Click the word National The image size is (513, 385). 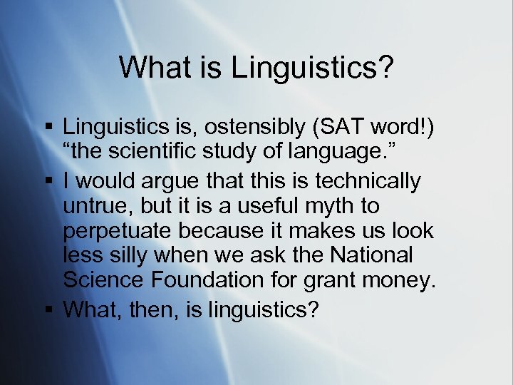(x=378, y=255)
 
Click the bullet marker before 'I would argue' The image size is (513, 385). (x=48, y=182)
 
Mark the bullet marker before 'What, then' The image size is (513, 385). (x=48, y=309)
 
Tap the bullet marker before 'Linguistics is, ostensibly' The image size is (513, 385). (x=48, y=128)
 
